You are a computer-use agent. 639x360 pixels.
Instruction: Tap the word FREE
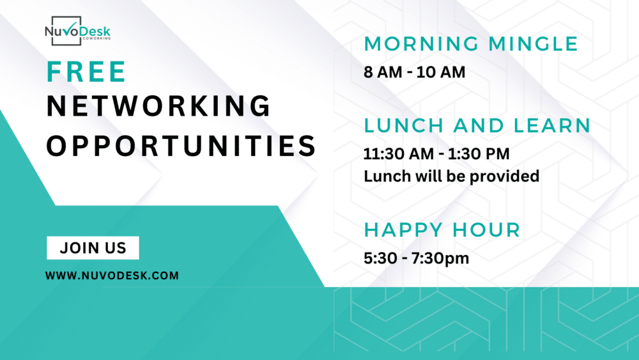point(86,72)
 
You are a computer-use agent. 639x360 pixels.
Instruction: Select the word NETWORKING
point(158,106)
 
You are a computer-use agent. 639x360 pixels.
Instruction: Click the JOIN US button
point(93,248)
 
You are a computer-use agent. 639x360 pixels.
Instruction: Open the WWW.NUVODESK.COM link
point(112,276)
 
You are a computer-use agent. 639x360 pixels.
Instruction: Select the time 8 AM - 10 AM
point(415,72)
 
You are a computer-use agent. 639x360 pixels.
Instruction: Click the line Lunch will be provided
point(452,175)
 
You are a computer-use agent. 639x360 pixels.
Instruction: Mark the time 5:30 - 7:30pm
point(416,258)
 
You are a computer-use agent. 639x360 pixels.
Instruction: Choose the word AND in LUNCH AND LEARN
point(481,125)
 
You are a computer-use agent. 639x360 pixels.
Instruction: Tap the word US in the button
point(116,248)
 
